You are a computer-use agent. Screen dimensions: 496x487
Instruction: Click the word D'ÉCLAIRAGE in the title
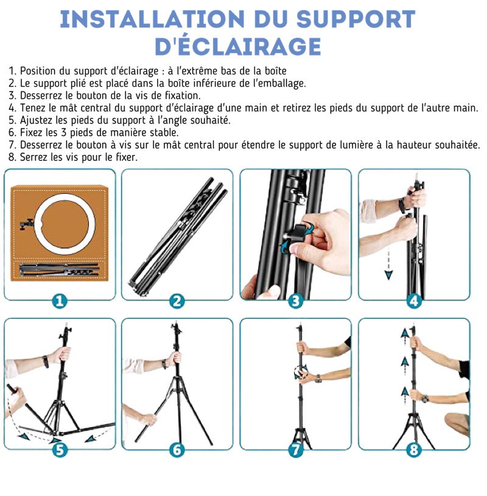pyautogui.click(x=237, y=46)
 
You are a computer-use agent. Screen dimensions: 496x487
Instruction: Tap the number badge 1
pyautogui.click(x=59, y=300)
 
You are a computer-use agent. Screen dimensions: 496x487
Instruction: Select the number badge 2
pyautogui.click(x=177, y=300)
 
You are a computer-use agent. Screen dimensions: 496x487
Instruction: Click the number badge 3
pyautogui.click(x=295, y=300)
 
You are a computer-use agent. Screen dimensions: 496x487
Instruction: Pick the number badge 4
pyautogui.click(x=414, y=300)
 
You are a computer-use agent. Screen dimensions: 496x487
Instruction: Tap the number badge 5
pyautogui.click(x=59, y=450)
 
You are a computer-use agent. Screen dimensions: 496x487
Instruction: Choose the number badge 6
pyautogui.click(x=177, y=450)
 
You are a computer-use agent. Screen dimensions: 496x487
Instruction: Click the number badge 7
pyautogui.click(x=295, y=450)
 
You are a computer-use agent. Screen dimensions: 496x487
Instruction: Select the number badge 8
pyautogui.click(x=414, y=450)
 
